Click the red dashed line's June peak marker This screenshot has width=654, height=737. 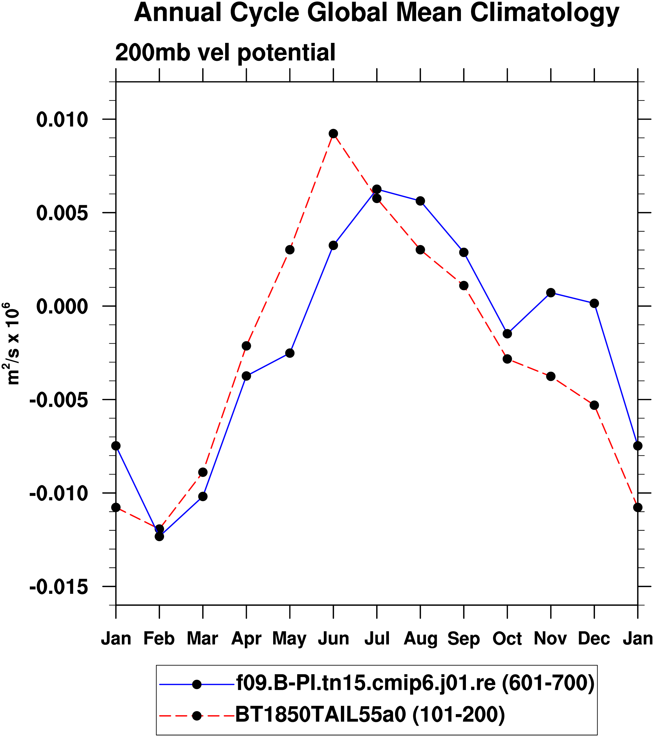tap(333, 134)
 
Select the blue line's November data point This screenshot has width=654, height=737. tap(551, 292)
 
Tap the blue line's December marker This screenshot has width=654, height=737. tap(594, 303)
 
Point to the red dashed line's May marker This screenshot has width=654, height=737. tap(290, 249)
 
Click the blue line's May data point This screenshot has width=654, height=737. tap(290, 353)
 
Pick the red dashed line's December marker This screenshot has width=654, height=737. tap(594, 405)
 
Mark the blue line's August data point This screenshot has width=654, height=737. tap(420, 201)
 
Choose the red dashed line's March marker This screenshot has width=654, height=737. tap(203, 472)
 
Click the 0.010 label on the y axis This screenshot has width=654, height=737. tap(62, 120)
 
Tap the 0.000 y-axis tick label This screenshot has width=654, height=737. tap(62, 307)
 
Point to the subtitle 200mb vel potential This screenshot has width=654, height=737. tap(225, 53)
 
